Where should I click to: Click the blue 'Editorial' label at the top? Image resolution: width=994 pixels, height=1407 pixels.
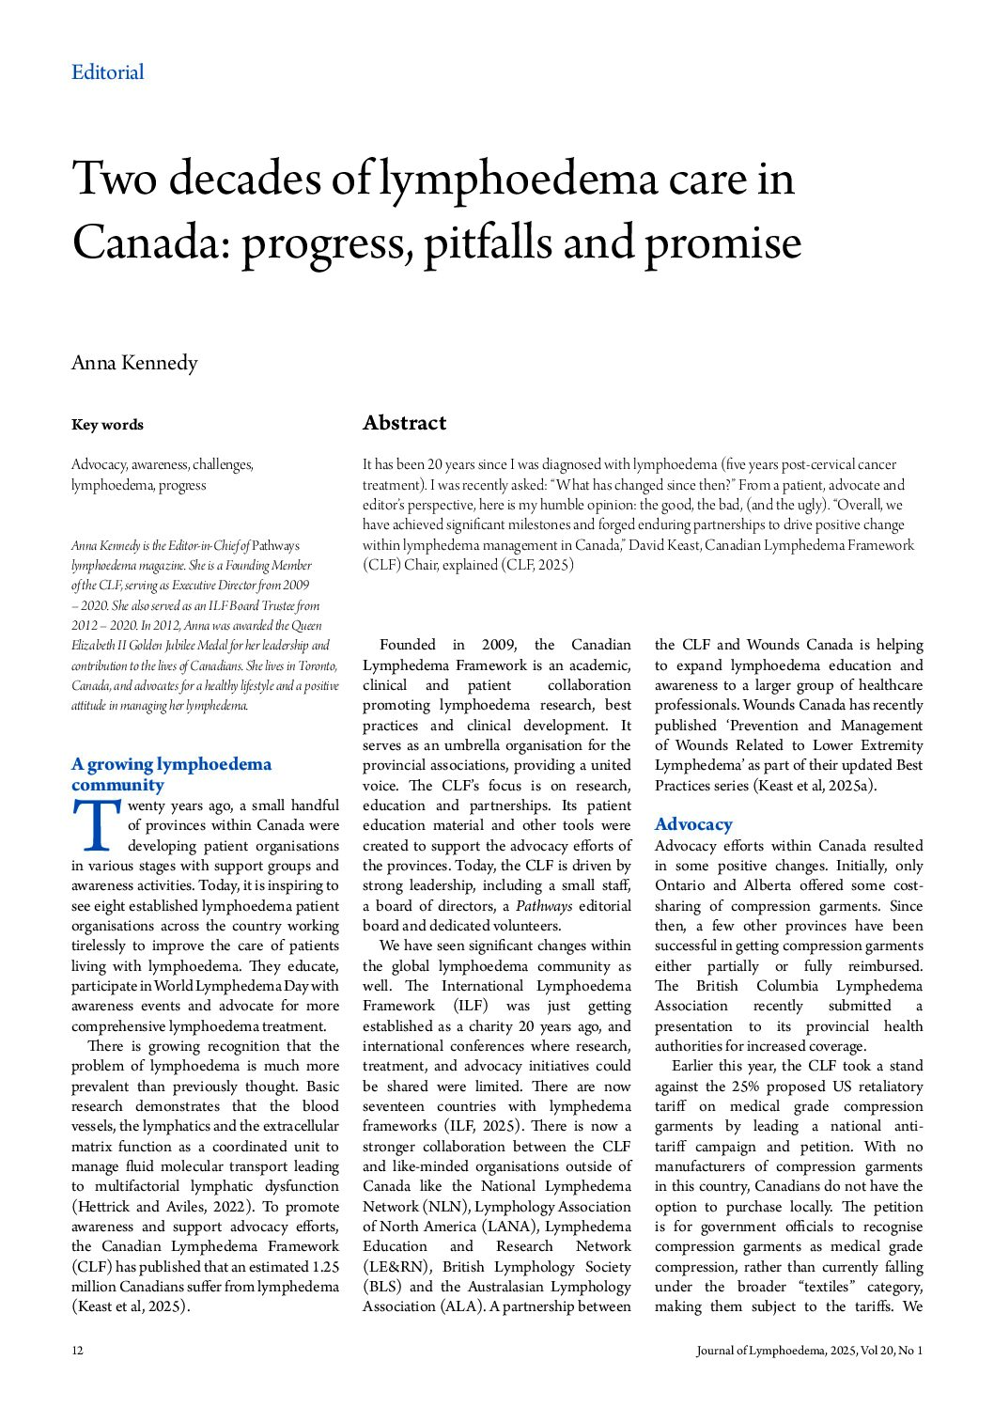(x=108, y=72)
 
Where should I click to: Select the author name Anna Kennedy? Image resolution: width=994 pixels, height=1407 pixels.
(x=134, y=363)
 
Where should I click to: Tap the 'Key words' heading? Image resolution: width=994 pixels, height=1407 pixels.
(x=107, y=425)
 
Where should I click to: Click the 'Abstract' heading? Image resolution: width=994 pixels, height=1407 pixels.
(x=404, y=423)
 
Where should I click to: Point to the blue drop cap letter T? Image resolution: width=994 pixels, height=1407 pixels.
(x=96, y=823)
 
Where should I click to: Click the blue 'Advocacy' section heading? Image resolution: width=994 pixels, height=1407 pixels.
(x=693, y=824)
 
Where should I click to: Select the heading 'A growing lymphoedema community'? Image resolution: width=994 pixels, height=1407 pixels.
(x=171, y=774)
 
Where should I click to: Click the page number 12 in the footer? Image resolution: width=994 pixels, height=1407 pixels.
(x=77, y=1351)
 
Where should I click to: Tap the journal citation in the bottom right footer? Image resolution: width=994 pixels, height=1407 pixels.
(x=809, y=1351)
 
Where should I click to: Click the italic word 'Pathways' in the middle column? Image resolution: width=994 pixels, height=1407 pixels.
(x=543, y=906)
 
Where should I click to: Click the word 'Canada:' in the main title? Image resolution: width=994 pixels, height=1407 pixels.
(x=150, y=242)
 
